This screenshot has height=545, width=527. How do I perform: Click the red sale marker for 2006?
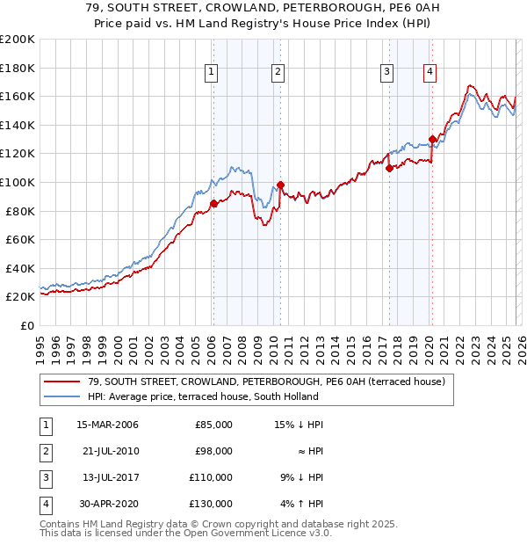[213, 204]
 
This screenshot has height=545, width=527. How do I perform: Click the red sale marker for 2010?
[280, 185]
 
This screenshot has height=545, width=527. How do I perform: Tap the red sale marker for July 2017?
[389, 168]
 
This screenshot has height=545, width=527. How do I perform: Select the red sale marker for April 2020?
[432, 139]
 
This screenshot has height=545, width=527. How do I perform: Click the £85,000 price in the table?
[213, 425]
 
